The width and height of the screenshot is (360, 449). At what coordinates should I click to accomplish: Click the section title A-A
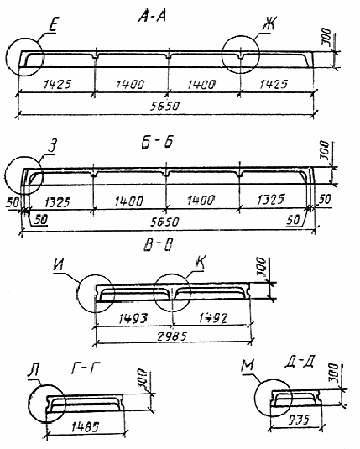[x=152, y=17]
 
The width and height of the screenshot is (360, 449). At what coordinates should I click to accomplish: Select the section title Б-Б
[x=157, y=143]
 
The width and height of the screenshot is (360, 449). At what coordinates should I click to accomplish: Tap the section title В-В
[x=158, y=245]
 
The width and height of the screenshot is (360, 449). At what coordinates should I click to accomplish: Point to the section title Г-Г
[x=86, y=368]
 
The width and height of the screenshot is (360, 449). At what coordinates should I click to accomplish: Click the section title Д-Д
[x=300, y=363]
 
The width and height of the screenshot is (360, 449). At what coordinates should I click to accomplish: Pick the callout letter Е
[x=53, y=26]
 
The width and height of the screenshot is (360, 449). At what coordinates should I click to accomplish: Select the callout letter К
[x=200, y=264]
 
